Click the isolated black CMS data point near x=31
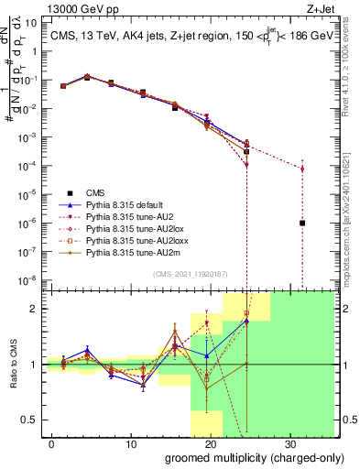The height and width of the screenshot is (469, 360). (302, 223)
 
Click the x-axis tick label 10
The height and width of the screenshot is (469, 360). (130, 444)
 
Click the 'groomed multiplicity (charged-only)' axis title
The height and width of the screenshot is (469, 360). (243, 457)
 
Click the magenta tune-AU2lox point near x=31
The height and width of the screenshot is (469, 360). (302, 169)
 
